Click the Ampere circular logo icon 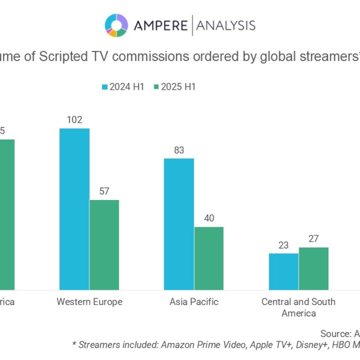tap(116, 25)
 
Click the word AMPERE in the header tap(159, 25)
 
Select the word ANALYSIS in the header tap(225, 25)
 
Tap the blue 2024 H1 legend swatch tap(104, 87)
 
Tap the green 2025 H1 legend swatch tap(156, 87)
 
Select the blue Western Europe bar tap(74, 209)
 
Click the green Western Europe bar tap(104, 245)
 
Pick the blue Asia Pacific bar tap(179, 224)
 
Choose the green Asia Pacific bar tap(209, 258)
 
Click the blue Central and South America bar tap(284, 271)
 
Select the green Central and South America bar tap(314, 269)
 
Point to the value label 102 tap(74, 120)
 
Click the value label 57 tap(104, 191)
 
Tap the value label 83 tap(179, 150)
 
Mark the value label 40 tap(209, 218)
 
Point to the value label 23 tap(284, 245)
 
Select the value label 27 tap(314, 239)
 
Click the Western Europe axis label tap(90, 302)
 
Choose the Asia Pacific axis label tap(194, 302)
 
